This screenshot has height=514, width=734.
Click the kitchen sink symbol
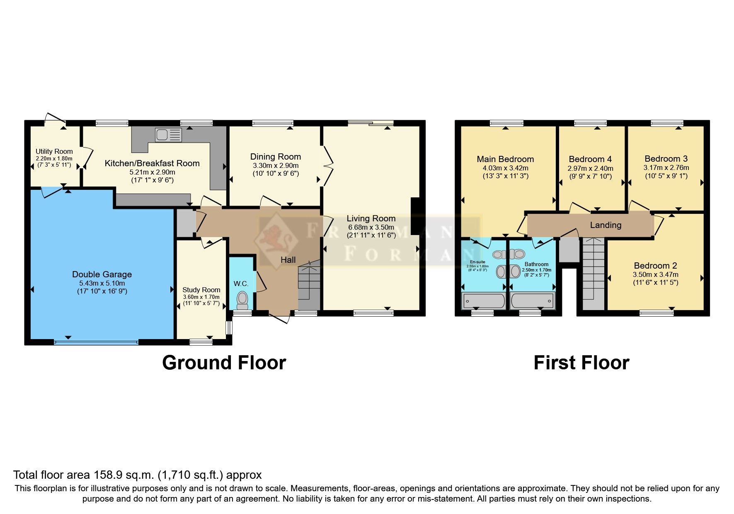168,135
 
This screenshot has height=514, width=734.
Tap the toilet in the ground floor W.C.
242,299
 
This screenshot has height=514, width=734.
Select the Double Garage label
102,274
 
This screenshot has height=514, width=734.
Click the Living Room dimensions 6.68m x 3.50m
371,227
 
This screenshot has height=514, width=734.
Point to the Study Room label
201,290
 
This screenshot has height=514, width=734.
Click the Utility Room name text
54,151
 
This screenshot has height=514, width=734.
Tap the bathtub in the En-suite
483,300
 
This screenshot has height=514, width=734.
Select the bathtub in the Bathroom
532,300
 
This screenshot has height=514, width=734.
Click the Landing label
606,225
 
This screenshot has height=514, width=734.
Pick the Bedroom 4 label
590,159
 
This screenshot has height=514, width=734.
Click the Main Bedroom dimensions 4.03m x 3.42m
505,168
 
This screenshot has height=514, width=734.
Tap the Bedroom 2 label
655,266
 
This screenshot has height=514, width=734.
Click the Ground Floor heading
224,363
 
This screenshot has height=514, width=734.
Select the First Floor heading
581,363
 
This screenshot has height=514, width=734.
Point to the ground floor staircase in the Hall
310,282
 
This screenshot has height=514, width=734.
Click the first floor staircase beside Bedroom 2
593,274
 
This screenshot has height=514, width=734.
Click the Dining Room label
275,157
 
